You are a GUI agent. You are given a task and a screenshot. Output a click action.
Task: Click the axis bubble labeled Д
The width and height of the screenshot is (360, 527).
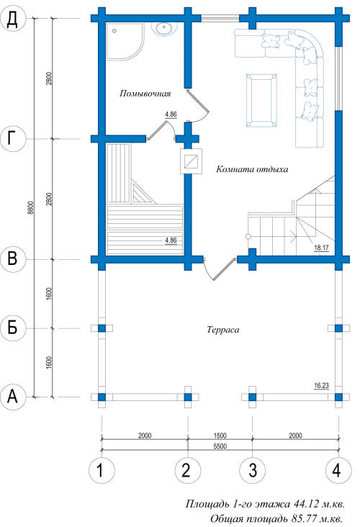point(12,19)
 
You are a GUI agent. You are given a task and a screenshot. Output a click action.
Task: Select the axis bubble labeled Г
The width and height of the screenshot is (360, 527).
point(12,138)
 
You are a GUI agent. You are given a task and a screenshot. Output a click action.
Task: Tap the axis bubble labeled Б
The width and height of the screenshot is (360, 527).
point(12,328)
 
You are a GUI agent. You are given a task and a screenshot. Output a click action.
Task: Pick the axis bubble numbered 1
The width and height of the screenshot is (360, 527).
point(102,470)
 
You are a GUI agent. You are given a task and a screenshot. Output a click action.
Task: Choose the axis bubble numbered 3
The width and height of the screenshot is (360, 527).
point(252,470)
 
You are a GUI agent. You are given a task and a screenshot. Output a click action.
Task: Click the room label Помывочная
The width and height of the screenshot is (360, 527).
point(145,94)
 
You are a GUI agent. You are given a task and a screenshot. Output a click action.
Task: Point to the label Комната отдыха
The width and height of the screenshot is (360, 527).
point(252,168)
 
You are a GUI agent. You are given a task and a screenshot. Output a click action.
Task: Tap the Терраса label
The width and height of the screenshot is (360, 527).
point(223,330)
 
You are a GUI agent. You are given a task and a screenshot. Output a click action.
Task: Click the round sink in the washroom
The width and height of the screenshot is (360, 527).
point(164,28)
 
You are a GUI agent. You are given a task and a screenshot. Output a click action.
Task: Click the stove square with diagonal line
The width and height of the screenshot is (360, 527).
point(191,161)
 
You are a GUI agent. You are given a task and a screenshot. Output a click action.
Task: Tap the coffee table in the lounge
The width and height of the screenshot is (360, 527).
point(261,101)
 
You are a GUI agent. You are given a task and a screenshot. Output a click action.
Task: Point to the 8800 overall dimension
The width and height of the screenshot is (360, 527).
point(30,207)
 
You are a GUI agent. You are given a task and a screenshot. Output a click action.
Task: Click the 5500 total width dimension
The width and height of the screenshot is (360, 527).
point(220,446)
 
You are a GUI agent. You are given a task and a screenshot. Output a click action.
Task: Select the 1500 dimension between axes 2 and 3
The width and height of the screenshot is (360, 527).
point(220,436)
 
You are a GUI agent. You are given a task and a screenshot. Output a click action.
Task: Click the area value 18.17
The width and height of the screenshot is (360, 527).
point(321,248)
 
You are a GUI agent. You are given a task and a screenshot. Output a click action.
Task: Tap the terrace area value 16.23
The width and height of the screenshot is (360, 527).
point(321,385)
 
